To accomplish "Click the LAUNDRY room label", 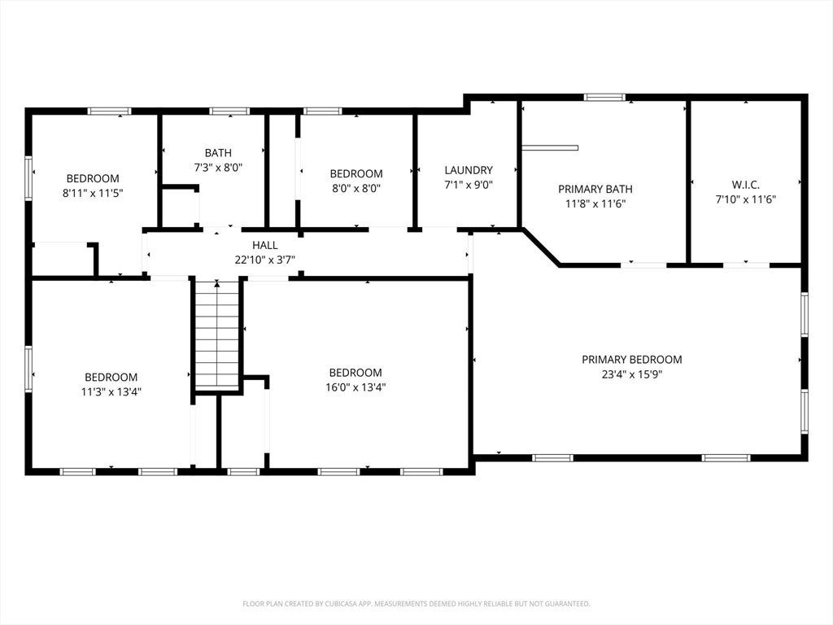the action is click(x=469, y=170).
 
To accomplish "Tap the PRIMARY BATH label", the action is click(x=595, y=189).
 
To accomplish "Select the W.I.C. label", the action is click(x=745, y=185).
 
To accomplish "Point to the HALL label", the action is click(x=264, y=245).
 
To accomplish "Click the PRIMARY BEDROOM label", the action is click(x=631, y=359).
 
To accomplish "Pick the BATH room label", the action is click(x=218, y=153).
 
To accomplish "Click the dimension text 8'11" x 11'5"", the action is click(x=93, y=193).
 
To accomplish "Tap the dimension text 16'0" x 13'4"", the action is click(x=355, y=387).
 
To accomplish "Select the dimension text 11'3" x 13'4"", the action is click(x=111, y=392).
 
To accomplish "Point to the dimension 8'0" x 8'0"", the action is click(x=356, y=188).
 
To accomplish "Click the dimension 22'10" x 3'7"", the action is click(x=264, y=260).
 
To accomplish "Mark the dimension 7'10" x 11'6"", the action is click(x=745, y=200).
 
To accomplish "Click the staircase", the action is click(x=216, y=335).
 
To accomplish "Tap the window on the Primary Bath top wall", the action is click(x=604, y=98).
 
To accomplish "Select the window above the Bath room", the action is click(x=229, y=111).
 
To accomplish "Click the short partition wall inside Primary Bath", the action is click(x=550, y=148).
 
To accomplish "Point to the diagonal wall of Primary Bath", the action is click(x=541, y=247).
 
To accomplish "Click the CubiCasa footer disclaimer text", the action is click(x=416, y=604).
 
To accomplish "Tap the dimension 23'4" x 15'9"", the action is click(x=631, y=374).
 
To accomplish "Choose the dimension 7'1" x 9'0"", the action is click(x=469, y=185).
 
